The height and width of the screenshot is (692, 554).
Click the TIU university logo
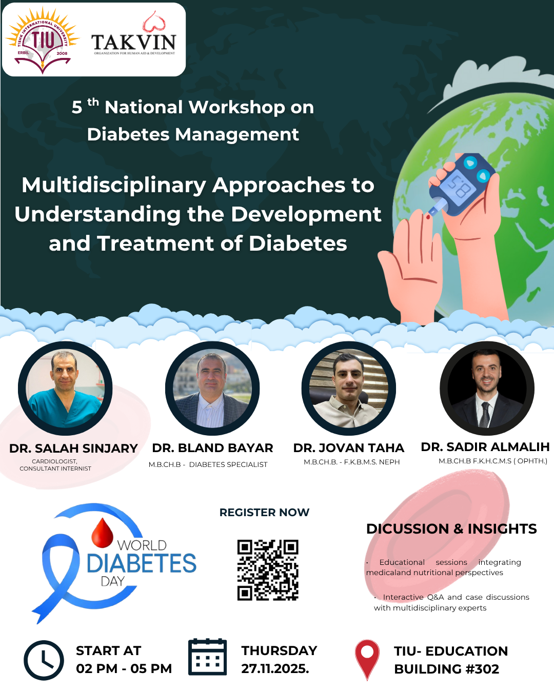click(x=43, y=40)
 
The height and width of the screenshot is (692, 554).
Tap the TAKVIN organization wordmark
click(x=134, y=42)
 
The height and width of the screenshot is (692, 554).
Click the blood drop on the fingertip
click(x=428, y=217)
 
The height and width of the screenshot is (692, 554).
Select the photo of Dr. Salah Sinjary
click(x=65, y=388)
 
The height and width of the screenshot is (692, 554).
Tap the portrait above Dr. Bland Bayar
click(x=212, y=388)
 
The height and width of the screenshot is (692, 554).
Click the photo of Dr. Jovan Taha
click(x=349, y=388)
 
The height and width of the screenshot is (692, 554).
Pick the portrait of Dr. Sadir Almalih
click(x=487, y=388)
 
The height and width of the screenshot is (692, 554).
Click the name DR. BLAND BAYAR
click(x=212, y=448)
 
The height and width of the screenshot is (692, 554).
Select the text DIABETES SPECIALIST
click(x=228, y=464)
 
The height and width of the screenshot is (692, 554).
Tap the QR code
click(x=268, y=570)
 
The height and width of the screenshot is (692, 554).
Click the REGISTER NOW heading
click(x=264, y=513)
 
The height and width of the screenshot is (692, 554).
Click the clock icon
click(x=44, y=660)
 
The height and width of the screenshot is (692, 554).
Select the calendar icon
click(x=207, y=657)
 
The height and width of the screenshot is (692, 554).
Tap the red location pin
click(x=367, y=659)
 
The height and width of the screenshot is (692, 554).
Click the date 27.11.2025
click(x=275, y=669)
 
